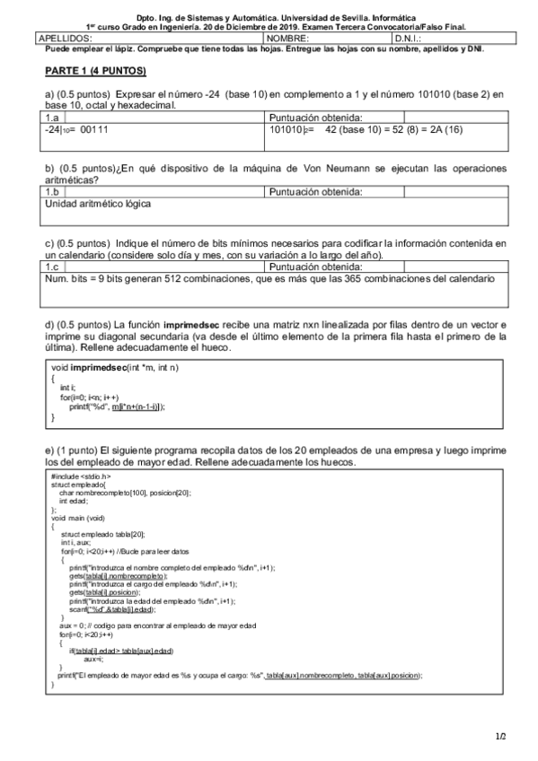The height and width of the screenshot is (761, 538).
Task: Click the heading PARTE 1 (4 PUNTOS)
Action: tap(95, 70)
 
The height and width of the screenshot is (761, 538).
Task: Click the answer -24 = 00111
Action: tap(76, 129)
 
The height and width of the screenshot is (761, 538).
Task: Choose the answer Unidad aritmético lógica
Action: tap(98, 204)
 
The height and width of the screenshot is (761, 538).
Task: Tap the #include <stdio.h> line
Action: tap(81, 477)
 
